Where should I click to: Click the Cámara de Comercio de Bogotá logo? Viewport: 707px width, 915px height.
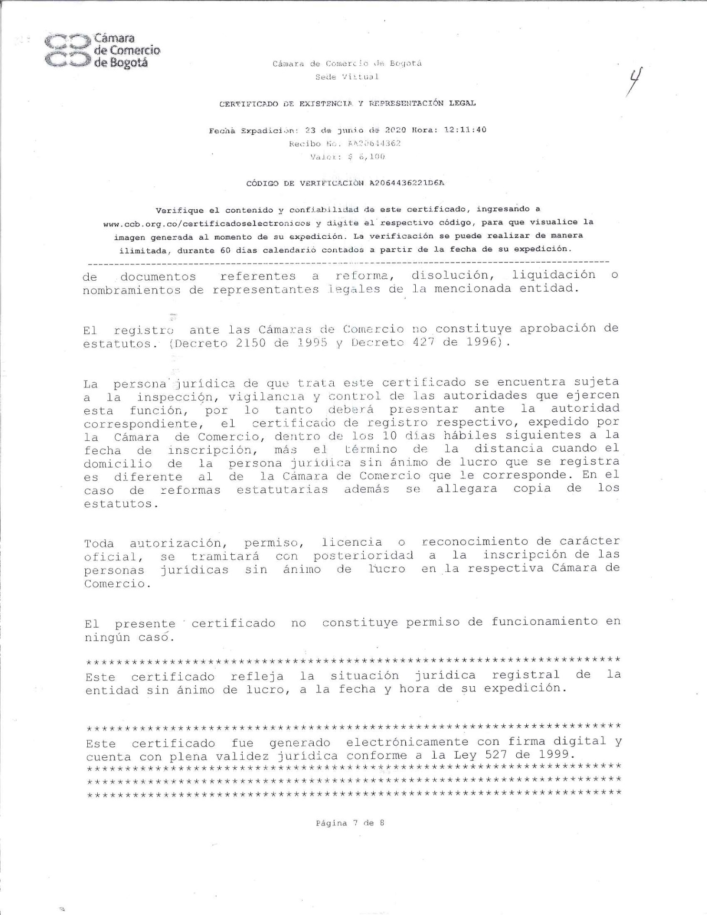(102, 50)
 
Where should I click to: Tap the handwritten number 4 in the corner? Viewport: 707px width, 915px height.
(635, 81)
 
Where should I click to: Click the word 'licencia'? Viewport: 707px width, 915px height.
(352, 542)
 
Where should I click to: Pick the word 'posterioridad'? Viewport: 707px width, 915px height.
(363, 555)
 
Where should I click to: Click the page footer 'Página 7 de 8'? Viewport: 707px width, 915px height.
(350, 823)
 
